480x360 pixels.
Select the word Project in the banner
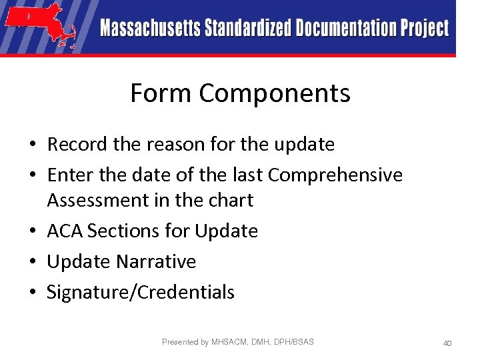coord(424,29)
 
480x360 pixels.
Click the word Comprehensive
coord(335,175)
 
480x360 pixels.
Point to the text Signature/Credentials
coord(141,292)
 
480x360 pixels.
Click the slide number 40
coord(447,343)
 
